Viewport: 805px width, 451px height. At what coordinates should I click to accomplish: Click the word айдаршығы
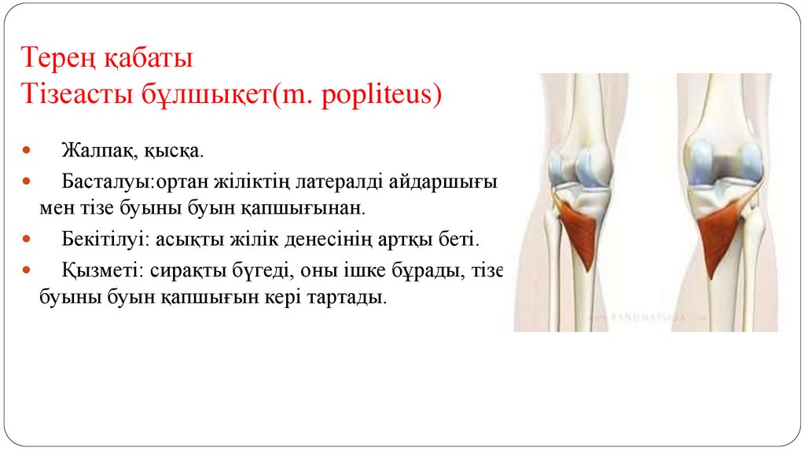[x=450, y=183]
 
